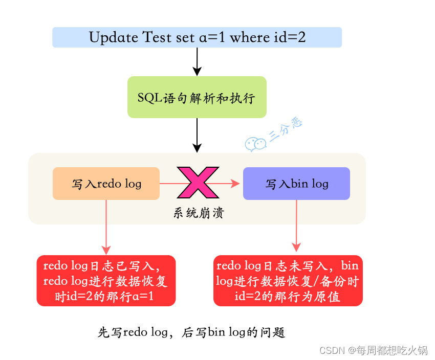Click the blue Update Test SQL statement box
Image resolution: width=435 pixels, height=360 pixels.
[197, 37]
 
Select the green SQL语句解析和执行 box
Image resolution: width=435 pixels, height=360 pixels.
[197, 97]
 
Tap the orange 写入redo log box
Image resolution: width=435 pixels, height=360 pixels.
[106, 184]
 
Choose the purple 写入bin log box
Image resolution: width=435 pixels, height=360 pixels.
[296, 184]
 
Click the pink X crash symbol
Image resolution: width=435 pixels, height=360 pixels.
[198, 182]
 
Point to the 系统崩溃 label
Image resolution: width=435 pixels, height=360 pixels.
[198, 213]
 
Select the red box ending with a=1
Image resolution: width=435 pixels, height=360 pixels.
[106, 281]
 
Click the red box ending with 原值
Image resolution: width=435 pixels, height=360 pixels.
[288, 281]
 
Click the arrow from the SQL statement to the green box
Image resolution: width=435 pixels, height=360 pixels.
[197, 62]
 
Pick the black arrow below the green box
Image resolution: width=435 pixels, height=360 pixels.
[197, 135]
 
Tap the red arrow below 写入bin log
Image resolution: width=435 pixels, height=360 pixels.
[297, 226]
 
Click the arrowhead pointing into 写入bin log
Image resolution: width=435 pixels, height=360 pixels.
[236, 183]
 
